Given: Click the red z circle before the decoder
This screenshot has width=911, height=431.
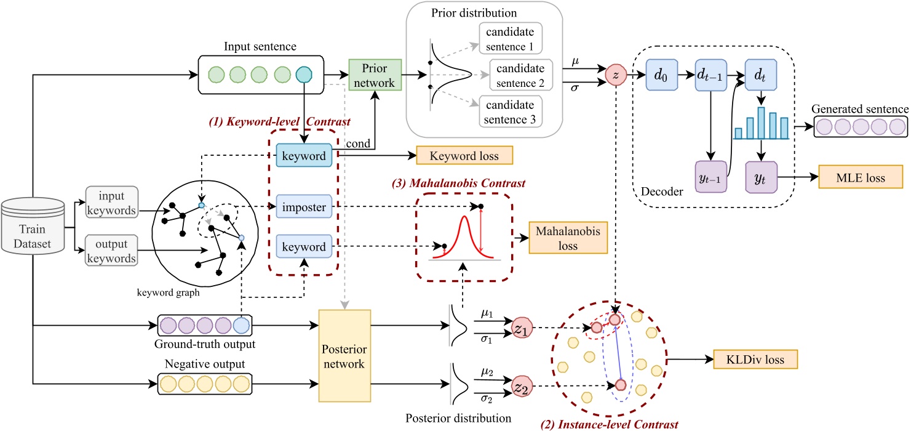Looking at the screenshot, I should [x=616, y=75].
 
